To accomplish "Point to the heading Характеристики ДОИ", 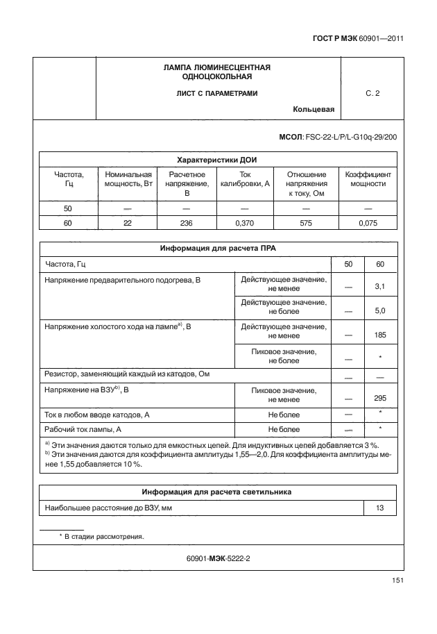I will tap(218, 159).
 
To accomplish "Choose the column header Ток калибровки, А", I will tap(244, 179).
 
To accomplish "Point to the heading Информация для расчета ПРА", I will tap(218, 247).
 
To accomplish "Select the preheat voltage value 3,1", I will tap(379, 286).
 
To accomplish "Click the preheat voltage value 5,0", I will tap(379, 311).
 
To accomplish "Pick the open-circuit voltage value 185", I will tap(379, 335).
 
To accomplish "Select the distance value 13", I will tap(379, 508).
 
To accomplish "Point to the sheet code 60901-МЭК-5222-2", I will tap(218, 558).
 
